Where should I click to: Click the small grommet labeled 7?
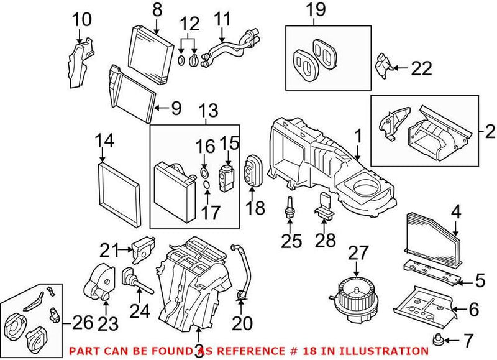440,339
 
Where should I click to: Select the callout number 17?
210,212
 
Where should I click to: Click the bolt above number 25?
290,207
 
